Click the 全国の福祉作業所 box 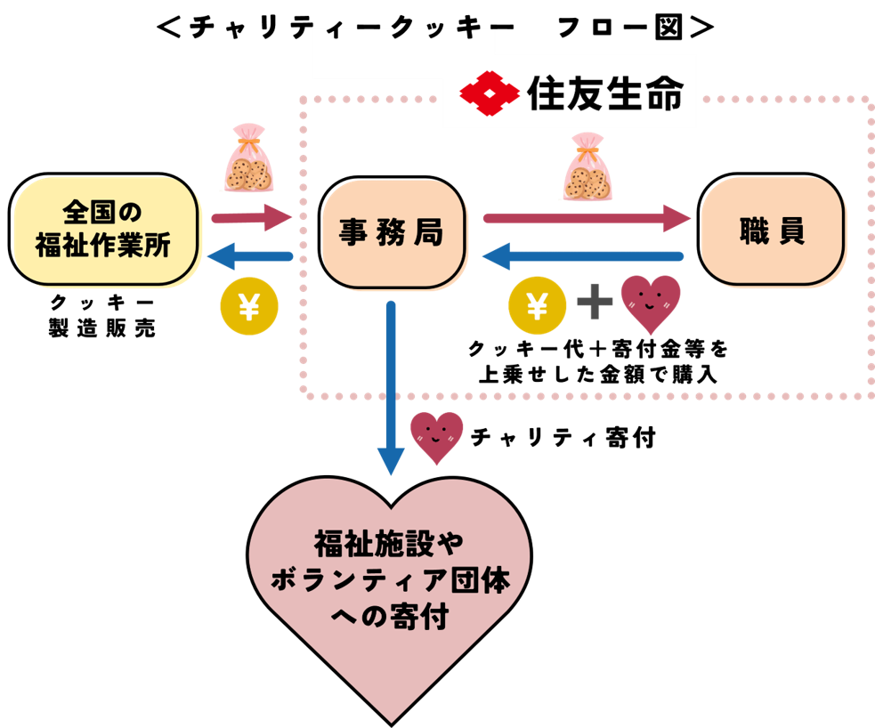click(104, 230)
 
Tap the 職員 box click(771, 231)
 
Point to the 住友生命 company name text click(606, 93)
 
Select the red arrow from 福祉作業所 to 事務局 click(252, 217)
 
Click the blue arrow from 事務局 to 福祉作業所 click(249, 256)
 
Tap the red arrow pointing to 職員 click(587, 217)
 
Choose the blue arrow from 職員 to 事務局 click(583, 256)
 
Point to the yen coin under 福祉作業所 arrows click(249, 308)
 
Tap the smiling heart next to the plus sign click(650, 303)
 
